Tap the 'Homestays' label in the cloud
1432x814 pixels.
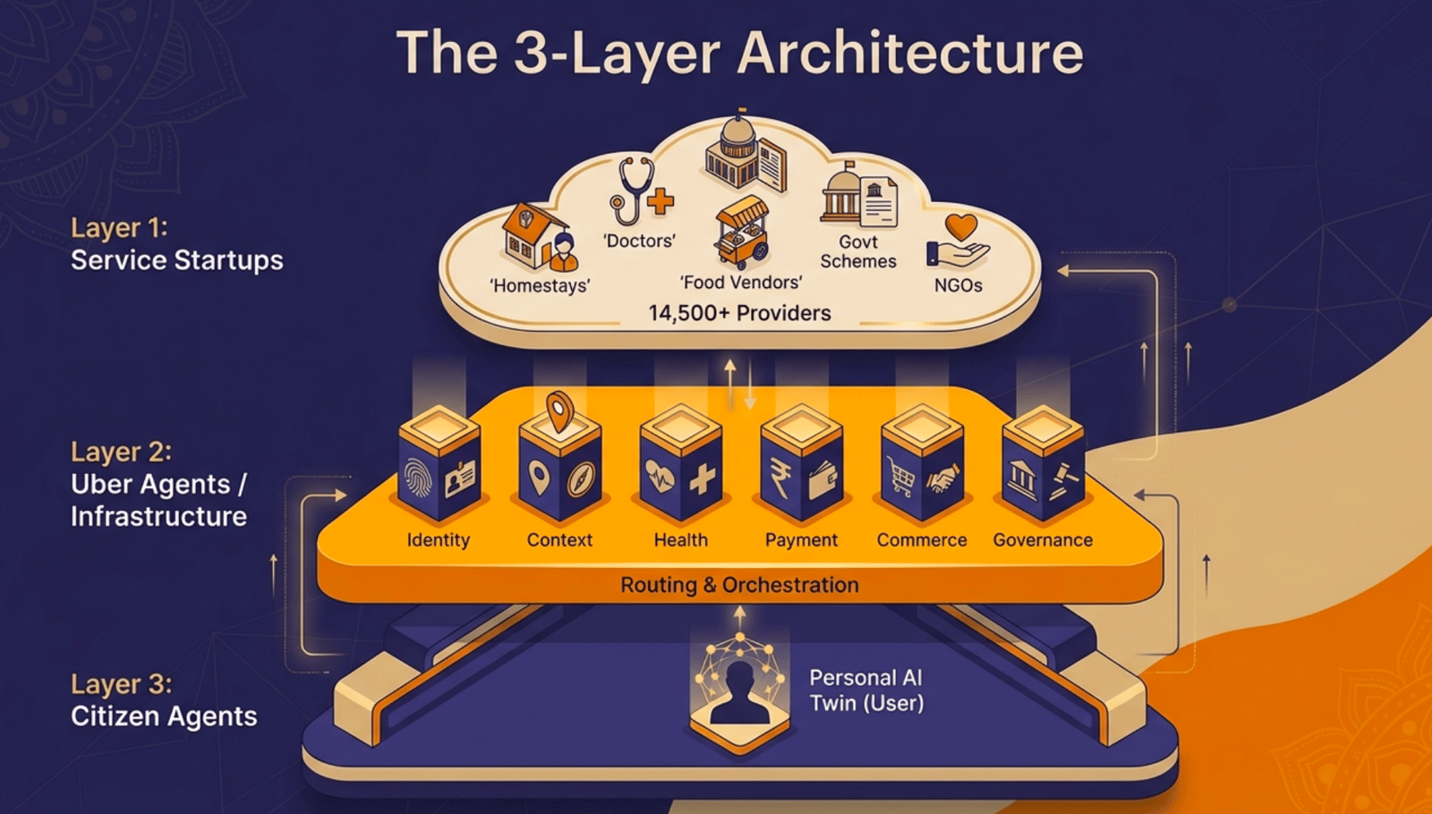(540, 286)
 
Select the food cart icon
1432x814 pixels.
(741, 234)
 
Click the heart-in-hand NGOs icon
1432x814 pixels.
(959, 242)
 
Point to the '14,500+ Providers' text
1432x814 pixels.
(739, 313)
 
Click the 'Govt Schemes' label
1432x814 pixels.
(858, 251)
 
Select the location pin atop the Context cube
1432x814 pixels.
(560, 411)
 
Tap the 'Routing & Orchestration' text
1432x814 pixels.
(739, 585)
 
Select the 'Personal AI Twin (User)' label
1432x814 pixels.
(866, 691)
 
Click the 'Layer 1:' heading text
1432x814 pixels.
(119, 228)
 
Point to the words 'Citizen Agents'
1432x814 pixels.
(164, 716)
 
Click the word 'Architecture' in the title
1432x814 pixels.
(910, 53)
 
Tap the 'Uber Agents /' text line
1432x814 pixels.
(158, 485)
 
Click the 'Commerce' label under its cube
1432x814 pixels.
(922, 540)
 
